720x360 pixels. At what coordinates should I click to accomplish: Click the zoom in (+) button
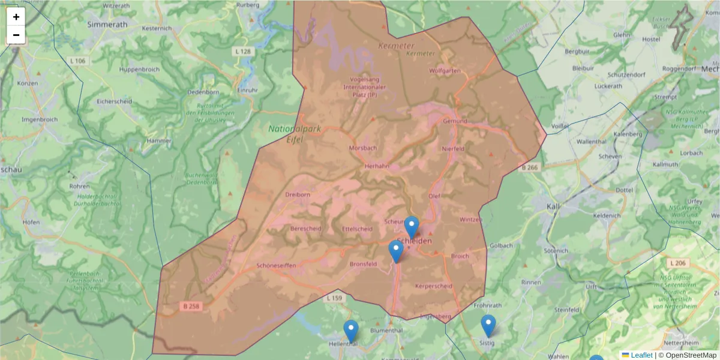16,17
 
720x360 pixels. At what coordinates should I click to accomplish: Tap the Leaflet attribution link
641,355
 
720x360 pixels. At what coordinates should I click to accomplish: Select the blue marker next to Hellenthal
350,331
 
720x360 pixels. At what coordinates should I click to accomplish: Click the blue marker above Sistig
488,325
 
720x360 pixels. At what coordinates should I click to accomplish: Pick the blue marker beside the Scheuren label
411,227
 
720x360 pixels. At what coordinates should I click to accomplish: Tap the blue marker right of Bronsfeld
396,251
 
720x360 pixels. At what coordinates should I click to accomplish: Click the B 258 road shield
192,306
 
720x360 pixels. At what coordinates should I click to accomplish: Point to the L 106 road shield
77,61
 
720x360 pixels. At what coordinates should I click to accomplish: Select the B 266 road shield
529,168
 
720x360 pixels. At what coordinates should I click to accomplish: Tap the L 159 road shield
335,298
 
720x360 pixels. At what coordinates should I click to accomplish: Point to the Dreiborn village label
298,194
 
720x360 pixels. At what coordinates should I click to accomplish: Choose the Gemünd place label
455,121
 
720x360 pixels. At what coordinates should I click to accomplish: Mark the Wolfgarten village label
445,71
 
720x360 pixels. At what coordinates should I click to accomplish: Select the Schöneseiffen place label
276,265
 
